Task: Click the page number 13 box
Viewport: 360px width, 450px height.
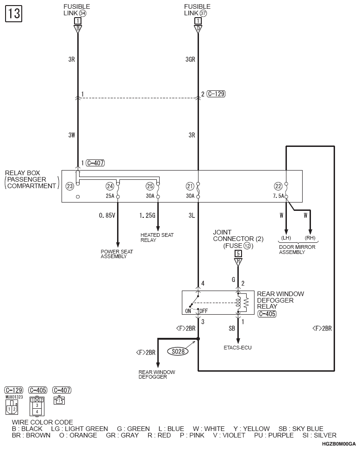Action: coord(13,13)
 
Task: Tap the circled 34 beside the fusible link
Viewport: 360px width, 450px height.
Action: coord(82,13)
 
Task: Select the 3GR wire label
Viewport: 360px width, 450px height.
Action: coord(190,59)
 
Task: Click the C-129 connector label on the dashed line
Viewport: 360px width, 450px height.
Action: coord(216,94)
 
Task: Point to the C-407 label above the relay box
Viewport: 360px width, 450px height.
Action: coord(95,163)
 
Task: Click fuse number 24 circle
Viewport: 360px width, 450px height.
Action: coord(110,186)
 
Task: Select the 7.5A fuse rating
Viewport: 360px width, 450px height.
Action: coord(278,196)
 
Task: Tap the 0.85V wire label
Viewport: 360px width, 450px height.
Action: coord(107,215)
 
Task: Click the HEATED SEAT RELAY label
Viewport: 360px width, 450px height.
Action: coord(157,237)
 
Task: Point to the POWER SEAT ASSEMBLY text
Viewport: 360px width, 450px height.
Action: coord(117,254)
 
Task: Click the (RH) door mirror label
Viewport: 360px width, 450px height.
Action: coord(310,238)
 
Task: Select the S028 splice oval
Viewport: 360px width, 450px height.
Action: coord(178,351)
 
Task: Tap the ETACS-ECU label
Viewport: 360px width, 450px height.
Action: coord(237,348)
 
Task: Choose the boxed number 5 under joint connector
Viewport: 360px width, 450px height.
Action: coord(238,254)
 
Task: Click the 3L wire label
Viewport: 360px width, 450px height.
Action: coord(192,215)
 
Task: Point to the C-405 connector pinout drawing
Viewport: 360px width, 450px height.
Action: coord(37,406)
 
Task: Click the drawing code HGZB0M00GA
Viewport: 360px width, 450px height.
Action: coord(339,444)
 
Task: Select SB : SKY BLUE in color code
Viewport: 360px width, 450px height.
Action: coord(301,429)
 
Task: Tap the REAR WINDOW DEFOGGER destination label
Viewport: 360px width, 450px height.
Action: coord(156,374)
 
